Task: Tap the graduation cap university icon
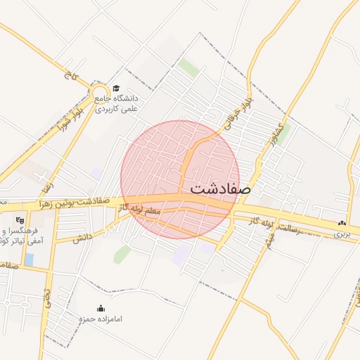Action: (115, 88)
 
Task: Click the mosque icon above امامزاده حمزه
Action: (100, 308)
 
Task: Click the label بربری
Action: (341, 233)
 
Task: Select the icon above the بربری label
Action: (342, 223)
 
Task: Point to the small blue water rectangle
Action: (29, 259)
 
